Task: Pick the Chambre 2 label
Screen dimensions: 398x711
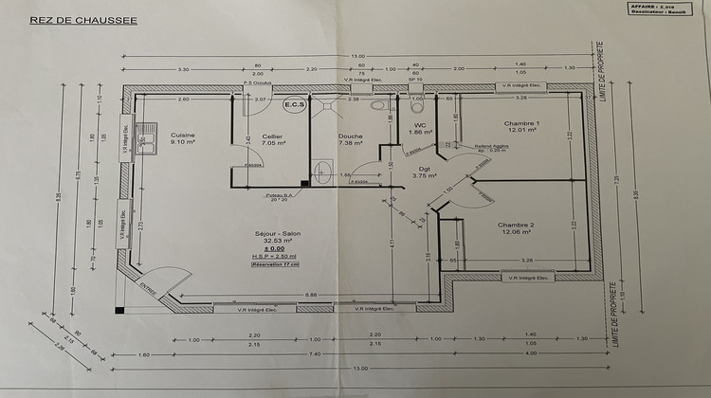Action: [x=518, y=225]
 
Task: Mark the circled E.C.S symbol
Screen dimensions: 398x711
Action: [x=294, y=105]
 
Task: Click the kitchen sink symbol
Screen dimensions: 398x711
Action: [x=147, y=143]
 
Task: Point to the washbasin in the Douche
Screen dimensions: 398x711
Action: [x=321, y=172]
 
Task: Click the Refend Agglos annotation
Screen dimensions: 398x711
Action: [x=493, y=146]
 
